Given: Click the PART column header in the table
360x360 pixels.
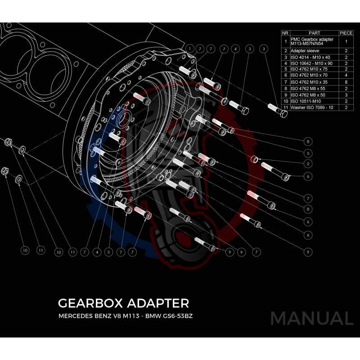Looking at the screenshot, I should (x=314, y=33).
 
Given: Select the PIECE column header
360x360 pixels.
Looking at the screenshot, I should (x=346, y=33).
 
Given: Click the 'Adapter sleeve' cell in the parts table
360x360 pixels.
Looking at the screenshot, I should (x=314, y=51).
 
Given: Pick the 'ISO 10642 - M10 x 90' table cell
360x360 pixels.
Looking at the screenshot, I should (x=314, y=63).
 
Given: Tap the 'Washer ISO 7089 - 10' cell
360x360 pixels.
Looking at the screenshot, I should (x=314, y=108).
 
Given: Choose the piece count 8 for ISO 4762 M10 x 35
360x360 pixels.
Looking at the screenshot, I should (x=346, y=82).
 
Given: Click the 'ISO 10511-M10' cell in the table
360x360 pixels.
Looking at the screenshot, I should (x=314, y=101).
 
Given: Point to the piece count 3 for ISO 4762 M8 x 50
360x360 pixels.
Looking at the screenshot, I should (x=346, y=95).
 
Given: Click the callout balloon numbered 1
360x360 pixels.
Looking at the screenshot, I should (x=190, y=48).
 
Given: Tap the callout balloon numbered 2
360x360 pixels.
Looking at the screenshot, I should (x=308, y=163).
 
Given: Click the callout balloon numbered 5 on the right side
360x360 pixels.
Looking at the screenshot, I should (x=308, y=152).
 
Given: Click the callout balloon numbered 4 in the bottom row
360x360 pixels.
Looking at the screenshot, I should (x=96, y=252).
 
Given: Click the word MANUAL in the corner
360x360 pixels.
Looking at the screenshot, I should (x=311, y=318).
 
